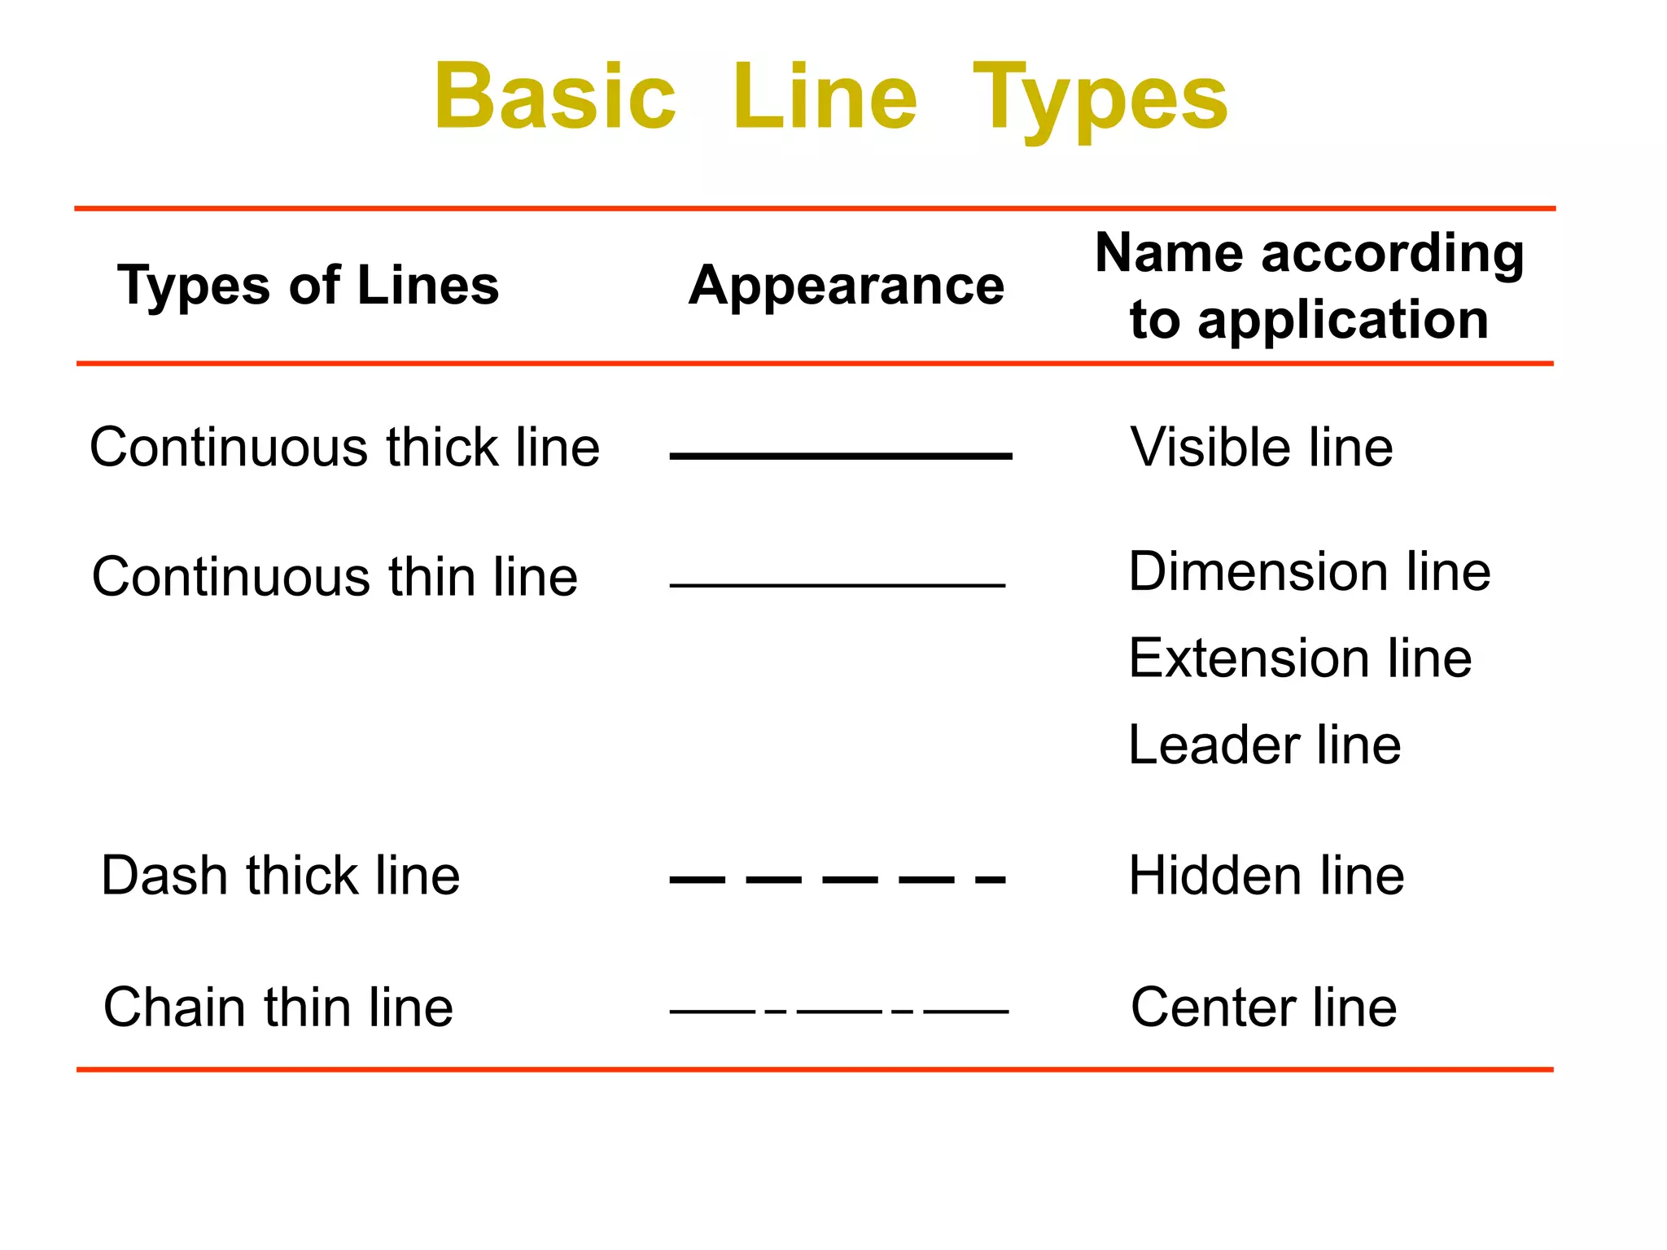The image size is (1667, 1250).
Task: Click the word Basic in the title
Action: coord(555,97)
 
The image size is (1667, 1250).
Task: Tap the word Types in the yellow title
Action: coord(1100,101)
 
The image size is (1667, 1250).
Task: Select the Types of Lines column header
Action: coord(308,286)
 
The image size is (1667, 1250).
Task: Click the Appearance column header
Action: coord(847,286)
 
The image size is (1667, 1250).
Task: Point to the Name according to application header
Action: coord(1310,286)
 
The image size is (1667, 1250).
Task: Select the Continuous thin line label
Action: coord(335,576)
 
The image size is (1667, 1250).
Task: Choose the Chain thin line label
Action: coord(278,1007)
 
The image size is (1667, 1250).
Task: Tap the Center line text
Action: coord(1264,1007)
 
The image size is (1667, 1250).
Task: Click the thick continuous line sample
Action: coord(841,457)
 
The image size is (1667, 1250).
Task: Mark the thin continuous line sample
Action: coord(838,585)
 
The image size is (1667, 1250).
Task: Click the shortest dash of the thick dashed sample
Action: coord(991,880)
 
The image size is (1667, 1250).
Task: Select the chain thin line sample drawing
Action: coord(839,1012)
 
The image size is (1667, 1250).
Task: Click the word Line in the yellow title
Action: coord(825,97)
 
